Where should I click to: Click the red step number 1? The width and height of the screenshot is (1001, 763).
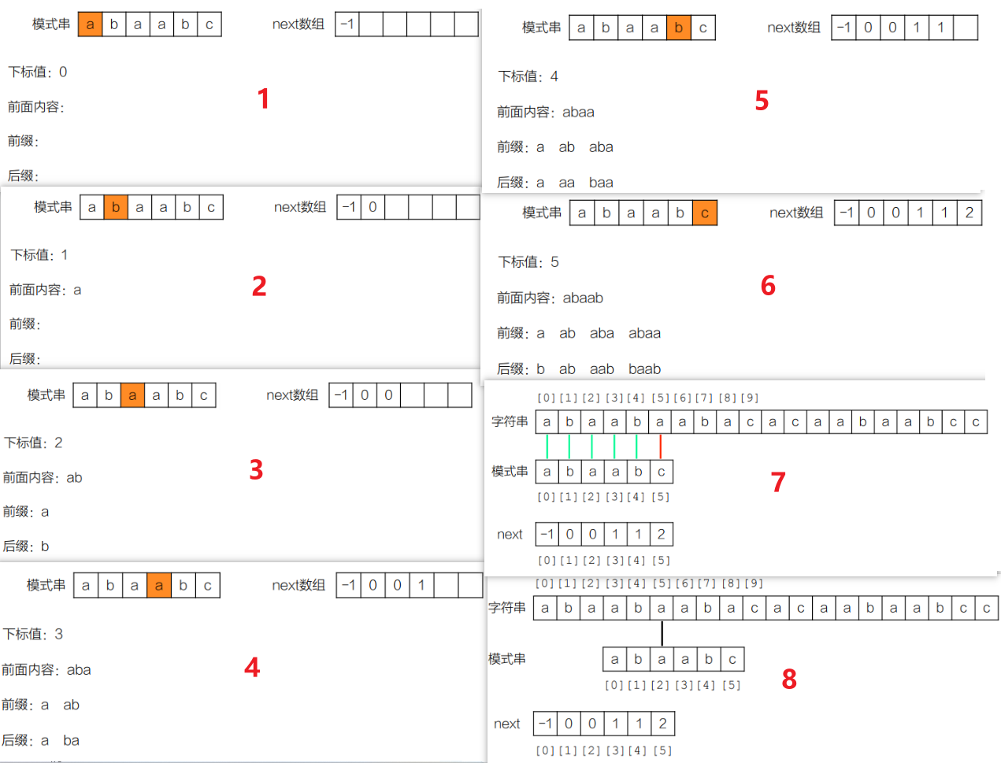263,98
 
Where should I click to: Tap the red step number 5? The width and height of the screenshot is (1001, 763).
762,101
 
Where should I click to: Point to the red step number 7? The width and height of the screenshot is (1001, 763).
778,482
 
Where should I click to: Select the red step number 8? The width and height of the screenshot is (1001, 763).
789,679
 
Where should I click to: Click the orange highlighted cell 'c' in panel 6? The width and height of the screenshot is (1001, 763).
705,213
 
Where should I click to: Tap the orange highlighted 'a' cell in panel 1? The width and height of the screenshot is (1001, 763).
90,24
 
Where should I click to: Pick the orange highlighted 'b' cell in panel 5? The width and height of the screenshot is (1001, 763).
679,28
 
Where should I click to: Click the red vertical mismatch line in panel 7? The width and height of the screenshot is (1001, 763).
660,446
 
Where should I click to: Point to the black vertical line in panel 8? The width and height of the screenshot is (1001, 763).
662,633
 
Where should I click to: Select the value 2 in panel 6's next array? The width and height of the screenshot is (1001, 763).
969,213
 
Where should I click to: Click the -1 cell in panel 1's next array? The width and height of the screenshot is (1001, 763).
347,24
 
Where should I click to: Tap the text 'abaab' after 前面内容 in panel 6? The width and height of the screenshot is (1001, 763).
583,298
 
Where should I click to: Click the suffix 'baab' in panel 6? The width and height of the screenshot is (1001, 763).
644,369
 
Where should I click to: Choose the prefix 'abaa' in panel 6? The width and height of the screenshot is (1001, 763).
644,334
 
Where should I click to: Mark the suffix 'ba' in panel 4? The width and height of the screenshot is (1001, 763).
71,741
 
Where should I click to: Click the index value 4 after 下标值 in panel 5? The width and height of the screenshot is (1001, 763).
554,76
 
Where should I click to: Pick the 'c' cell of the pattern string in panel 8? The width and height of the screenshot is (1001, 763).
732,659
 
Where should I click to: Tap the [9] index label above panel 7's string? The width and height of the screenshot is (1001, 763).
750,398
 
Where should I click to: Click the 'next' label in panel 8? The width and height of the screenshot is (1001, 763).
506,724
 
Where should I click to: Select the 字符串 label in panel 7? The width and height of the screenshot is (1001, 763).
510,422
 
